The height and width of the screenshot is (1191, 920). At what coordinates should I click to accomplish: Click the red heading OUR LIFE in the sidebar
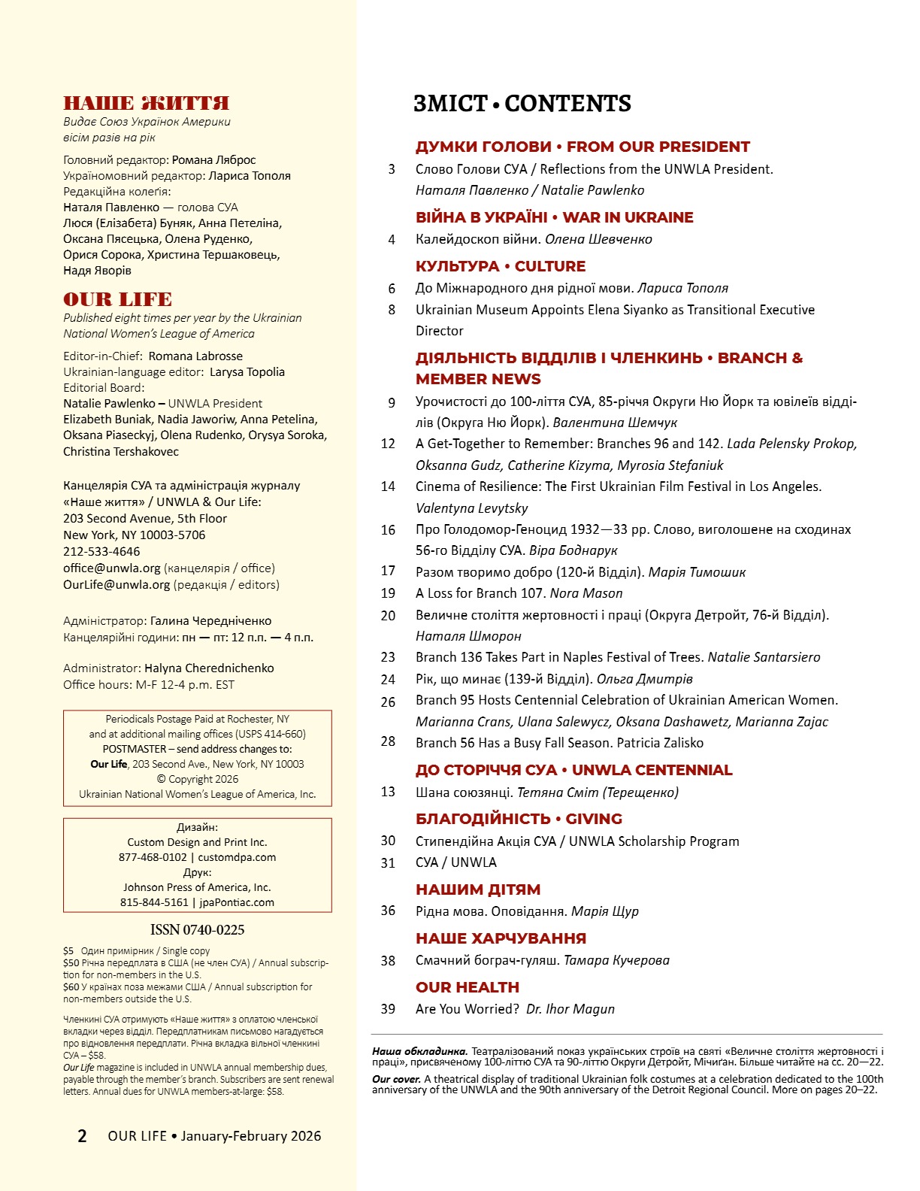pos(117,299)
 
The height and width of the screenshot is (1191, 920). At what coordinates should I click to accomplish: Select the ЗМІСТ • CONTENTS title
pos(522,104)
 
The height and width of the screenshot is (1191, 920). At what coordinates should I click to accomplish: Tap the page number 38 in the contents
pos(388,961)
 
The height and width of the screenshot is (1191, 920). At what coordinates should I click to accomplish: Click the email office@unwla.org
pos(112,568)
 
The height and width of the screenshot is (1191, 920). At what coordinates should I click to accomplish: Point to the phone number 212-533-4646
pos(101,552)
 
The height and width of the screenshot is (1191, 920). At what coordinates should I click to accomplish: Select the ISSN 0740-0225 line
pos(197,930)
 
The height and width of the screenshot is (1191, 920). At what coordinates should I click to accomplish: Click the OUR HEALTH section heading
pos(467,987)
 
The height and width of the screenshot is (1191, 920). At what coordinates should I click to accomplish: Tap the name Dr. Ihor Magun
pos(570,1009)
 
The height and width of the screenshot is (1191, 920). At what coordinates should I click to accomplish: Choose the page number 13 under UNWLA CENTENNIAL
pos(388,792)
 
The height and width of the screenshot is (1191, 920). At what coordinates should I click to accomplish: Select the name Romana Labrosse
pos(195,356)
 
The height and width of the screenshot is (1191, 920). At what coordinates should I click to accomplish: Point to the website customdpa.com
pos(237,857)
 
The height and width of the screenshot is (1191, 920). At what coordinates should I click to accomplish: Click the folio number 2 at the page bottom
pos(82,1136)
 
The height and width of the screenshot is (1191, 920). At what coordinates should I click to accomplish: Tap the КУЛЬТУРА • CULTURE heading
pos(500,266)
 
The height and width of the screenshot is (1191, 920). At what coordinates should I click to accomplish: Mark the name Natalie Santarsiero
pos(764,657)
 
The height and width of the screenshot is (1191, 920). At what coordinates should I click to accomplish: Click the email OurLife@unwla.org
pos(117,585)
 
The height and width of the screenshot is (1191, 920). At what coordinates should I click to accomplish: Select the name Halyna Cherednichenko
pos(209,668)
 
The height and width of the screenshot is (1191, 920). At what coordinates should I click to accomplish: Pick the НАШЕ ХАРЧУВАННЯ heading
pos(501,938)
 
